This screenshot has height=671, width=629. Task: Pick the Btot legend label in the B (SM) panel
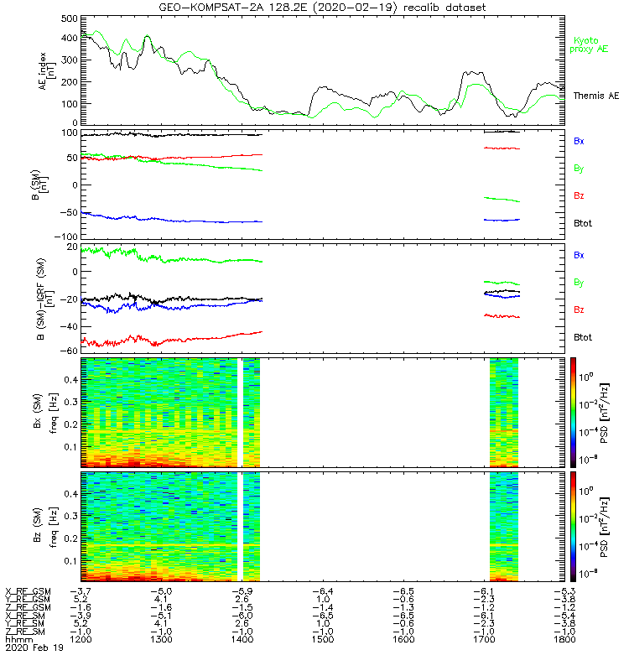(x=583, y=222)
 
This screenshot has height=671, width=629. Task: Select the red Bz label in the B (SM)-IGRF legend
(x=578, y=310)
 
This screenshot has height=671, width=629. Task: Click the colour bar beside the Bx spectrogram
(x=573, y=410)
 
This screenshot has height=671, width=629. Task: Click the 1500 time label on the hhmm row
(x=322, y=639)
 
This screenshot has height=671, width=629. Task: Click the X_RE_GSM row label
(x=29, y=591)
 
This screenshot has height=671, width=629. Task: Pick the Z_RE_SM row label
(x=27, y=631)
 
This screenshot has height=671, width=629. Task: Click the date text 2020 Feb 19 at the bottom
(x=34, y=648)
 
